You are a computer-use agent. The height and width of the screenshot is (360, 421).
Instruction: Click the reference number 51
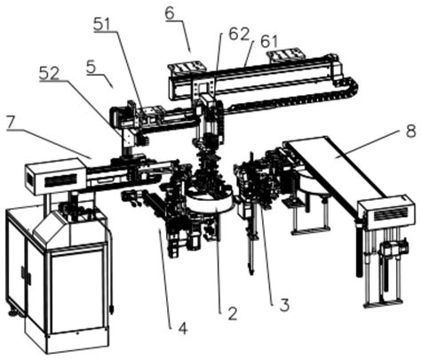point(102,24)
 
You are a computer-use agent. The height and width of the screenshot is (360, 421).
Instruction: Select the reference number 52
point(49,73)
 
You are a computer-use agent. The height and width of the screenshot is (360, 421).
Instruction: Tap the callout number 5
point(91,67)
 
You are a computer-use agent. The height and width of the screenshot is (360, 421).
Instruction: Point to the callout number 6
point(171,13)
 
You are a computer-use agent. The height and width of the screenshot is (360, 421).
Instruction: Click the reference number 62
point(239,35)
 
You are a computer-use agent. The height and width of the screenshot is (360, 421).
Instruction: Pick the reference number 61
point(269,42)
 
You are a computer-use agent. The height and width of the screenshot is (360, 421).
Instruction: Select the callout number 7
point(12,122)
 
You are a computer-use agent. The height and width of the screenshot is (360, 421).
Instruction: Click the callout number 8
point(410,131)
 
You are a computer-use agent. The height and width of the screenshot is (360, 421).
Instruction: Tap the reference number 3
point(284,305)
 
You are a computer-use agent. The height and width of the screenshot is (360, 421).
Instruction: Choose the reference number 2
point(232,314)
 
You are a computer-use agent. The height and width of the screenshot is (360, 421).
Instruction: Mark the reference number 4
point(183,328)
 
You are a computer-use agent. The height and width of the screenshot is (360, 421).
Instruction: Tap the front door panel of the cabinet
point(77,292)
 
